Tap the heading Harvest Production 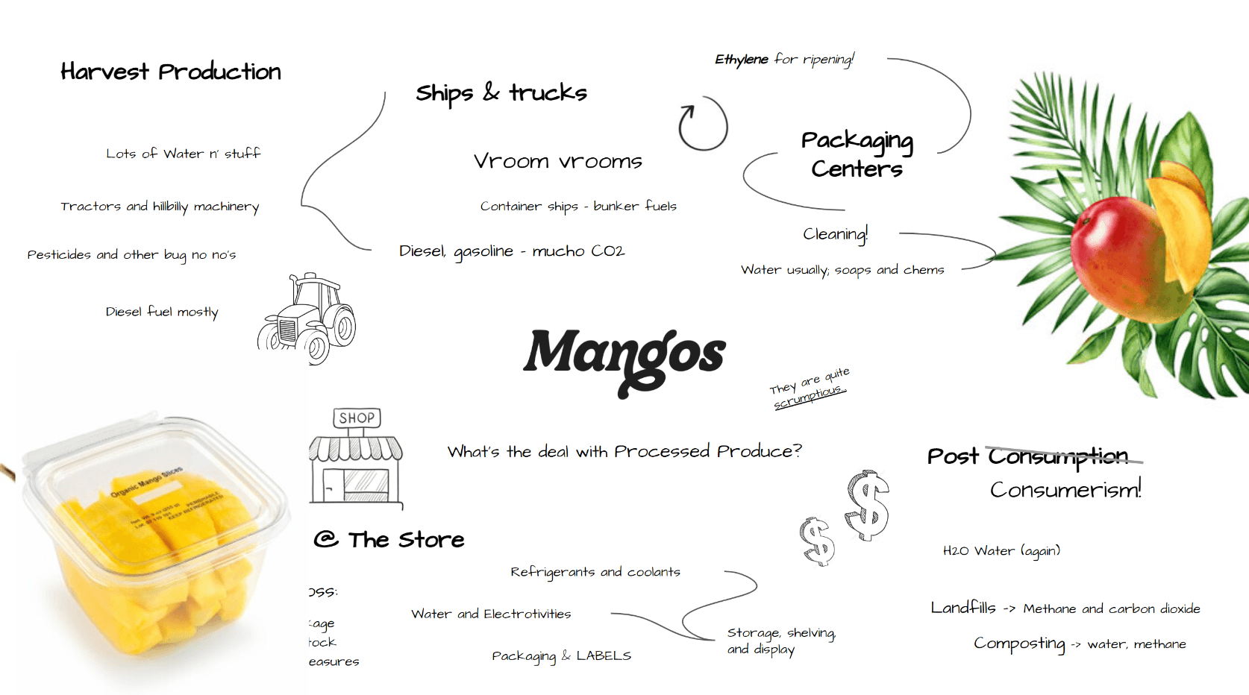pyautogui.click(x=171, y=72)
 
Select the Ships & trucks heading pyautogui.click(x=501, y=93)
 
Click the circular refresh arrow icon pyautogui.click(x=702, y=125)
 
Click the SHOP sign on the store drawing pyautogui.click(x=357, y=418)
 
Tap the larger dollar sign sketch pyautogui.click(x=868, y=505)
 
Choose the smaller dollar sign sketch pyautogui.click(x=817, y=541)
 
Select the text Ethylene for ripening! pyautogui.click(x=784, y=59)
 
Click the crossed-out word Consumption pyautogui.click(x=1058, y=456)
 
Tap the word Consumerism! pyautogui.click(x=1065, y=490)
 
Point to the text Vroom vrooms pyautogui.click(x=557, y=161)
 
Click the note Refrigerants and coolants pyautogui.click(x=595, y=572)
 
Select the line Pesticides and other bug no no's pyautogui.click(x=131, y=255)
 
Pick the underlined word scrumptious pyautogui.click(x=809, y=397)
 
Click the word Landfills pyautogui.click(x=962, y=608)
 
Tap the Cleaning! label pyautogui.click(x=835, y=234)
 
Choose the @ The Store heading pyautogui.click(x=389, y=539)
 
